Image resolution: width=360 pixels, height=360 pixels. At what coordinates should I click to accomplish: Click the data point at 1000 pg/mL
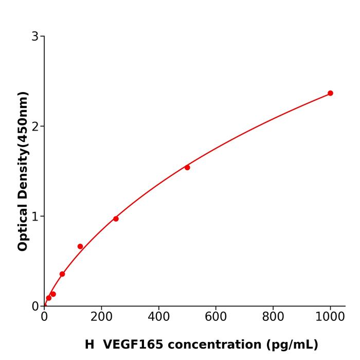(330, 93)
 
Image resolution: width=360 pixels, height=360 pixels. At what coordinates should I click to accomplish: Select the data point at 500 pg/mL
(187, 168)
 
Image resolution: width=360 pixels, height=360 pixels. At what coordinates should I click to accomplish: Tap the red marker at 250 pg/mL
(116, 219)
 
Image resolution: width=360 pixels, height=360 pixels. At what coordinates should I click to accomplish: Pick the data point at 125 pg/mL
(80, 246)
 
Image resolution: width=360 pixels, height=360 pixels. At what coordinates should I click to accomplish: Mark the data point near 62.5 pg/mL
(62, 274)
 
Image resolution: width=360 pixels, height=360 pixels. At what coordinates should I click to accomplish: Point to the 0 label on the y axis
(35, 306)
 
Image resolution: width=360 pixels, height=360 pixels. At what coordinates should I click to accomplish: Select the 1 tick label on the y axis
(35, 216)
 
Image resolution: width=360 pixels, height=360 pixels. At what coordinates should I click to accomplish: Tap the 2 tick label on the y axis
(35, 126)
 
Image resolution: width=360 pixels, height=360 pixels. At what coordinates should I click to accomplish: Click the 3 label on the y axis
(35, 37)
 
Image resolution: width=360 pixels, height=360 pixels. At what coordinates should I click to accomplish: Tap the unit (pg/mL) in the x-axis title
(291, 345)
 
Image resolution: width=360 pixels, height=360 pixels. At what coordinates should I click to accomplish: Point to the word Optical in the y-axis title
(23, 226)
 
